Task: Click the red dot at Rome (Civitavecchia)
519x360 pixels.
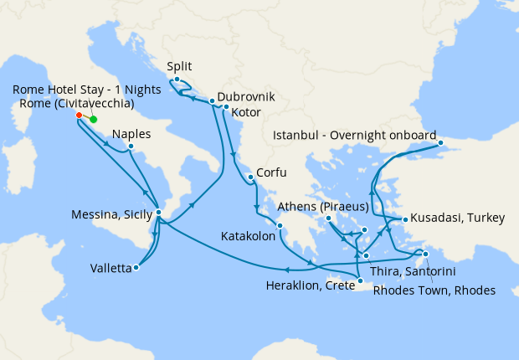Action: pyautogui.click(x=79, y=116)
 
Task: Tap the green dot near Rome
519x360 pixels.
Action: pyautogui.click(x=93, y=119)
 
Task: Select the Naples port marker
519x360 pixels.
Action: pyautogui.click(x=131, y=147)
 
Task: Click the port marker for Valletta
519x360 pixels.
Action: pyautogui.click(x=136, y=268)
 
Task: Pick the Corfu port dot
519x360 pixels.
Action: pyautogui.click(x=249, y=177)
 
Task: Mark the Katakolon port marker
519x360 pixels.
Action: pyautogui.click(x=280, y=225)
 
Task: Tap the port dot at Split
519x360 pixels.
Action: pyautogui.click(x=177, y=80)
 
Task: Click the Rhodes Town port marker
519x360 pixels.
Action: pyautogui.click(x=425, y=255)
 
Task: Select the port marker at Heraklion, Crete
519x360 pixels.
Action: pyautogui.click(x=360, y=292)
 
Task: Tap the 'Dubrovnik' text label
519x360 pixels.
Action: pyautogui.click(x=246, y=96)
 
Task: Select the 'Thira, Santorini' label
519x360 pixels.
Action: pyautogui.click(x=422, y=274)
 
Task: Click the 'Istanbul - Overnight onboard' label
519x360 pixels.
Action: pyautogui.click(x=353, y=135)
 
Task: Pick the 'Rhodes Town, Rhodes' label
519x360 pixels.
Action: pyautogui.click(x=434, y=291)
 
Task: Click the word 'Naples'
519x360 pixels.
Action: pyautogui.click(x=131, y=134)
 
